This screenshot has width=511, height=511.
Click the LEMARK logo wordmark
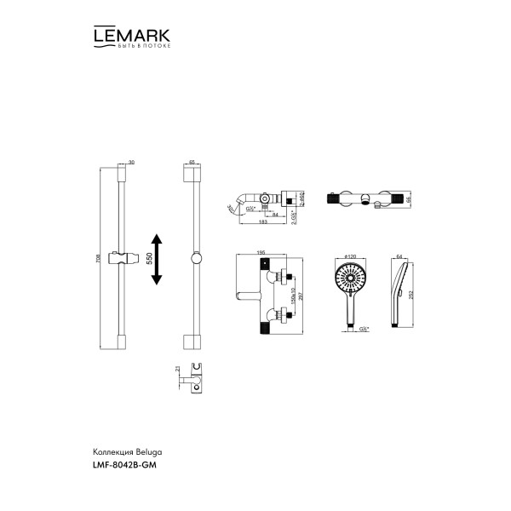coord(130,35)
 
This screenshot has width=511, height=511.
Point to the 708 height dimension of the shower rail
coord(99,258)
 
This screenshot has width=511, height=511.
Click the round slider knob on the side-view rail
coord(195,259)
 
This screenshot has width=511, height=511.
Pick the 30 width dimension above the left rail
coord(131,162)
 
